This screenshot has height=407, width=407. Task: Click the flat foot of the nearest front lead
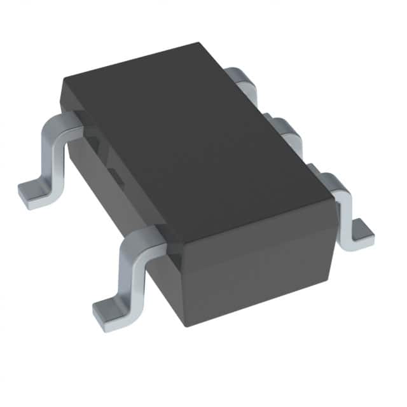[x=111, y=312]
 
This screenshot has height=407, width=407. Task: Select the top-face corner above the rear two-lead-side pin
[x=64, y=79]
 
